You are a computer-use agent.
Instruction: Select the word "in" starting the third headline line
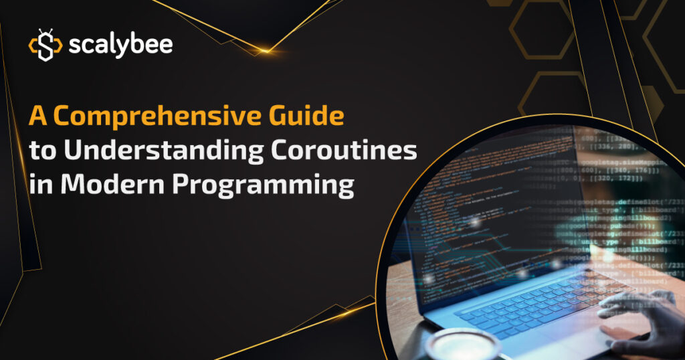click(x=37, y=184)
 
